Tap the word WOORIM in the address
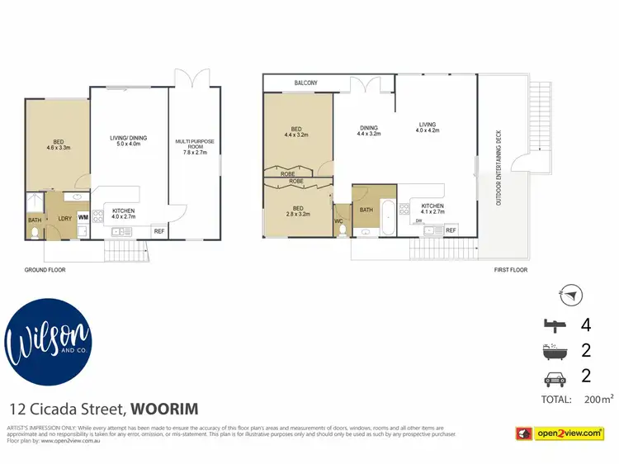[163, 409]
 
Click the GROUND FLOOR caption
[45, 269]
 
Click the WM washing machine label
[83, 217]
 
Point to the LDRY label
[63, 218]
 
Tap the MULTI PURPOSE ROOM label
[195, 147]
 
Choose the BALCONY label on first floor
[306, 83]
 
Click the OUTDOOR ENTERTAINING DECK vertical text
[498, 169]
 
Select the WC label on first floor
[339, 220]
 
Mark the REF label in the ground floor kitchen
[158, 230]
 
